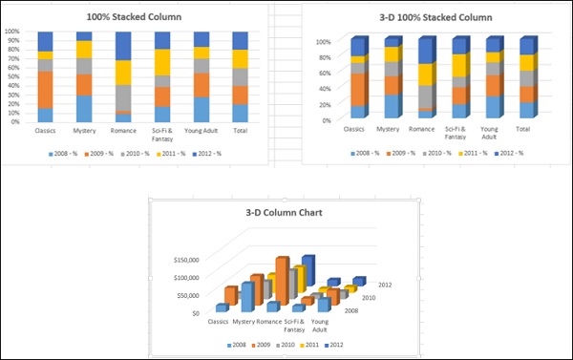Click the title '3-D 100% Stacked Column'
coord(423,17)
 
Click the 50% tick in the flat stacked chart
coord(13,76)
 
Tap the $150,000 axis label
coord(182,259)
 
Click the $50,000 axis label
coord(184,294)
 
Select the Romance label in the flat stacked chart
coord(123,131)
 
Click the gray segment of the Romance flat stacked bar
coord(123,98)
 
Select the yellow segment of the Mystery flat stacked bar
coord(84,49)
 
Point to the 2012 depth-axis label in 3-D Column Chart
coord(385,285)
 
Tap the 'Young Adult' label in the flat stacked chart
coord(202,131)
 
